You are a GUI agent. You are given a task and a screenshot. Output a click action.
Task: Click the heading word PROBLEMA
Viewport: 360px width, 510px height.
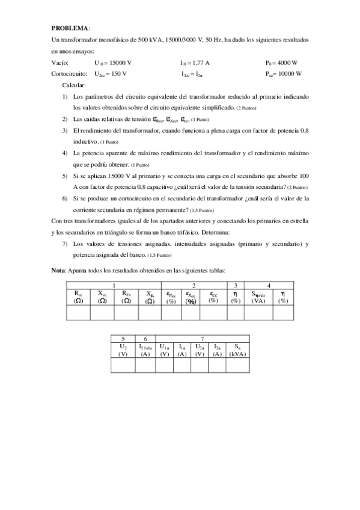pyautogui.click(x=70, y=28)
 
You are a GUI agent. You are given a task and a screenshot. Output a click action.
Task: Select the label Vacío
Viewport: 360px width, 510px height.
pyautogui.click(x=61, y=62)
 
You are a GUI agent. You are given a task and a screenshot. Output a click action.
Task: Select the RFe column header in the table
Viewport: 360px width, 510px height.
pyautogui.click(x=126, y=296)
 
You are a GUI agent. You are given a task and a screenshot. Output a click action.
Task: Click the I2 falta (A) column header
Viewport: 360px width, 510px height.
pyautogui.click(x=145, y=350)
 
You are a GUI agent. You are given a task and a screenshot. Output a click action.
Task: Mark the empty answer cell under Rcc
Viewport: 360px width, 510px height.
pyautogui.click(x=78, y=312)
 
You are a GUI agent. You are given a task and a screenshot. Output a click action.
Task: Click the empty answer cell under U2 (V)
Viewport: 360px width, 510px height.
pyautogui.click(x=123, y=365)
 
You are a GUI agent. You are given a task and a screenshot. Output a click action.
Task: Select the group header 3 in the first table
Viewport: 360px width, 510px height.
pyautogui.click(x=236, y=284)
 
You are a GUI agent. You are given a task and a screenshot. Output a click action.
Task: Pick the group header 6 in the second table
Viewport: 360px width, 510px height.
pyautogui.click(x=145, y=339)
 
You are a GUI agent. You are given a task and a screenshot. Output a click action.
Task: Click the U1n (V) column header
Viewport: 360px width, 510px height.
pyautogui.click(x=165, y=350)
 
